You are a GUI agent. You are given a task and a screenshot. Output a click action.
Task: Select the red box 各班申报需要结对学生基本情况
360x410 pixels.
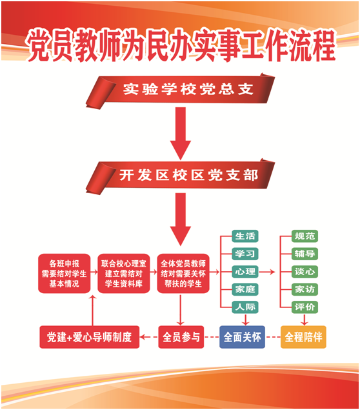(x=65, y=274)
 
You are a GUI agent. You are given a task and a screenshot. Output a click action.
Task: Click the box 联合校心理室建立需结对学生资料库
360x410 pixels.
(x=124, y=274)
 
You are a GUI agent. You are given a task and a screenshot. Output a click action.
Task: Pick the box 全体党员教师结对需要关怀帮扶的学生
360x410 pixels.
(x=183, y=274)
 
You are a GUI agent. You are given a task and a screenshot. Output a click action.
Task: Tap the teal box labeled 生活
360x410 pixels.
(x=245, y=236)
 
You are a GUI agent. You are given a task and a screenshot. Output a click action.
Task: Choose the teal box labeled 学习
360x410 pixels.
(x=245, y=254)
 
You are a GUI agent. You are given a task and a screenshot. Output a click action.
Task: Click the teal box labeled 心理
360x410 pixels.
(x=245, y=271)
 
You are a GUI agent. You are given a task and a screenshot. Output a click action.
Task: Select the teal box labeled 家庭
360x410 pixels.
(x=245, y=289)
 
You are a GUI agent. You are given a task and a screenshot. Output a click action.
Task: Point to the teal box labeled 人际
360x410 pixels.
(x=245, y=307)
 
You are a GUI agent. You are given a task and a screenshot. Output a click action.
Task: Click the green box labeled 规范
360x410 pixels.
(x=305, y=236)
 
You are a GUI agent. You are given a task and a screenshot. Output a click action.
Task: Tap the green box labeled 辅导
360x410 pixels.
(x=305, y=254)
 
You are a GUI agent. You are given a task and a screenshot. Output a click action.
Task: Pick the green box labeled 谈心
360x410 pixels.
(x=305, y=271)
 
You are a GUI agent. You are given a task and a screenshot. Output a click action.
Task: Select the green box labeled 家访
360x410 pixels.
(x=305, y=289)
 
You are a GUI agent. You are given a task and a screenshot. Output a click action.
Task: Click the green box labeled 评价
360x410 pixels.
(x=305, y=307)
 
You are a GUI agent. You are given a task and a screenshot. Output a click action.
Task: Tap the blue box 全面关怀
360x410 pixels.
(x=242, y=337)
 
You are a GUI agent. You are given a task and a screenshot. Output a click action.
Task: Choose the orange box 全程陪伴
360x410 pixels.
(x=303, y=337)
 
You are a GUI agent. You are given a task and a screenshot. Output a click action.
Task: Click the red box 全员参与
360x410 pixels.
(x=181, y=337)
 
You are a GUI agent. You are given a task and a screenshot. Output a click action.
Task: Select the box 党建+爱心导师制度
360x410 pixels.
(x=89, y=337)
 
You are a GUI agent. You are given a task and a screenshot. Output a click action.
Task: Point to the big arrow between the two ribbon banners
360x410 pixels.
(x=181, y=134)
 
